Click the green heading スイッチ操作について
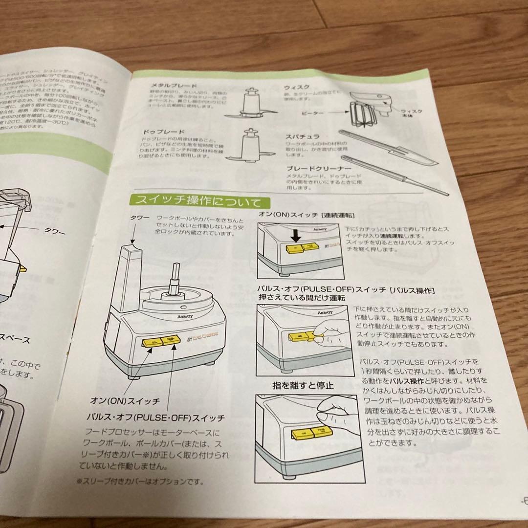pos(195,201)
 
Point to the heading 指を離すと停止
pos(303,385)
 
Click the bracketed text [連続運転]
pos(338,216)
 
